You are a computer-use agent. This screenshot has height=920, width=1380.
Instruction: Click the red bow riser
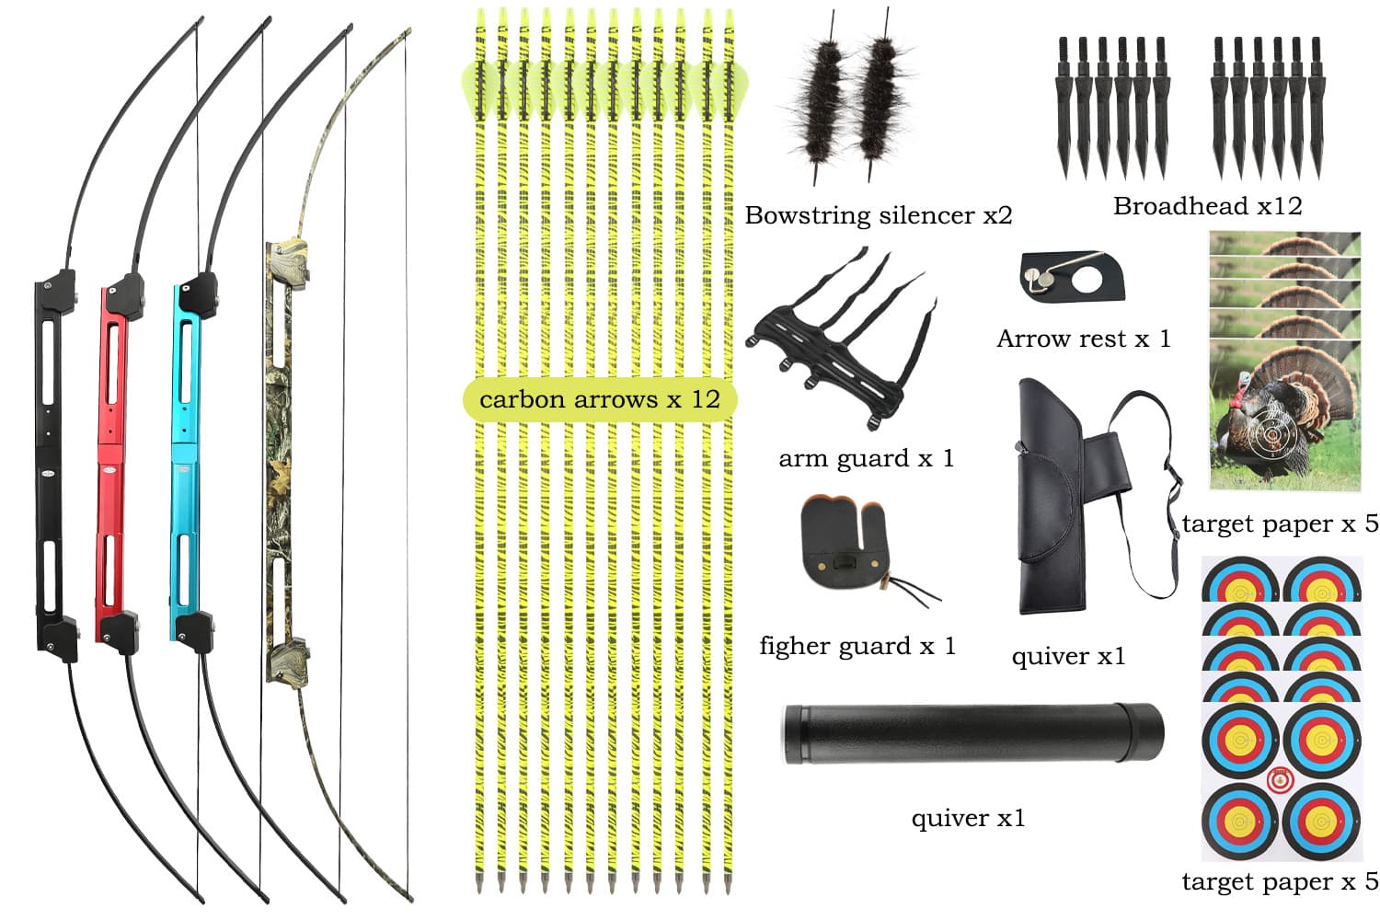112,460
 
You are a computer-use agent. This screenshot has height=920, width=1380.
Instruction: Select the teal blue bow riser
186,460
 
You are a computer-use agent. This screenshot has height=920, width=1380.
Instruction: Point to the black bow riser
48,460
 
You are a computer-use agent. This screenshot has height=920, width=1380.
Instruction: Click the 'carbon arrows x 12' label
599,399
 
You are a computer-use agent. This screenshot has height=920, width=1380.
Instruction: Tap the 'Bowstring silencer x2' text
878,215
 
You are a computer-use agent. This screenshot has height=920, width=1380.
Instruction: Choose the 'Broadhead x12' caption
1207,206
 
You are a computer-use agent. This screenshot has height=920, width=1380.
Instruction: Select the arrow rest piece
1072,275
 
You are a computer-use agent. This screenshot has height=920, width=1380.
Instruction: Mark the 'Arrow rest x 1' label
1083,339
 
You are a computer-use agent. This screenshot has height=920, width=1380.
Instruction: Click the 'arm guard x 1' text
866,458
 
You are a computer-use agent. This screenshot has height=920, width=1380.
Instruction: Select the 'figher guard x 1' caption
857,646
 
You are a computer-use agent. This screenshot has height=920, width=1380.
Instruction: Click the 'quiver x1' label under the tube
968,818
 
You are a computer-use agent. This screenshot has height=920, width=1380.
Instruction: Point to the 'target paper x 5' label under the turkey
1280,523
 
